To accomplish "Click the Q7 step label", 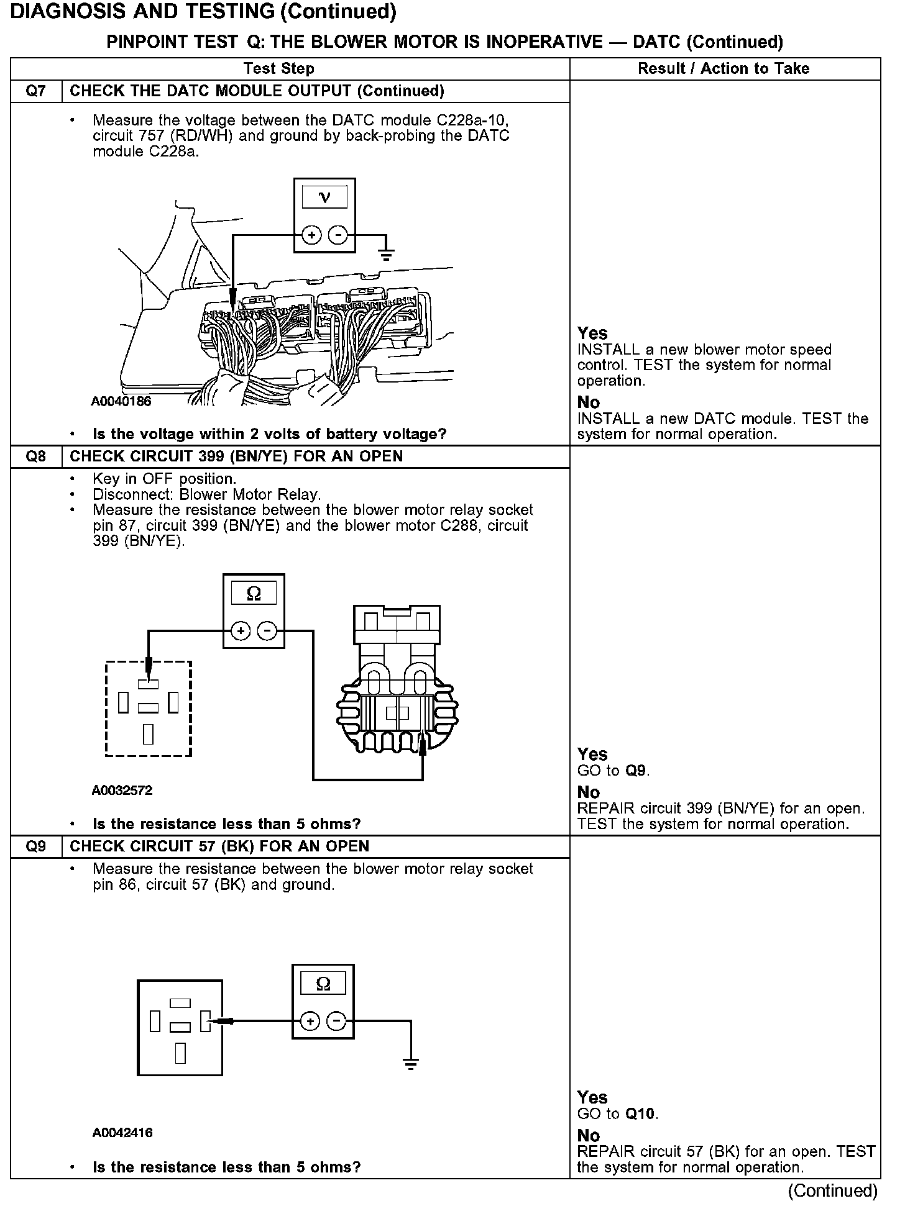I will click(36, 91).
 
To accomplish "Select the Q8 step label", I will click(36, 456).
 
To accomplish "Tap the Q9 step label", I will click(36, 846).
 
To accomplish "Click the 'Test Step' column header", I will click(278, 69).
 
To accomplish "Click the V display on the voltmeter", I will click(324, 198).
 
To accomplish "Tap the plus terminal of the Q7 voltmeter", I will click(311, 235).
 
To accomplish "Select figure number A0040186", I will click(121, 401).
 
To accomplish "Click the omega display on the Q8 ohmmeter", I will click(254, 594).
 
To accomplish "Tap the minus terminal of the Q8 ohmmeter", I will click(268, 632).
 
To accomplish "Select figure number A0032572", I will click(122, 791).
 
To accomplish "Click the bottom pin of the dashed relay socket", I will click(148, 734).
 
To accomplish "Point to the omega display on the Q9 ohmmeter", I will click(323, 984).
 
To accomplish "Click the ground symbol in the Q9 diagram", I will click(410, 1064).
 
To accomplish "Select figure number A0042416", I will click(122, 1133).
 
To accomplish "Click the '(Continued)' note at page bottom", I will click(832, 1190).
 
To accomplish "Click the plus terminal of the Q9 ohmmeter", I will click(310, 1021).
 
